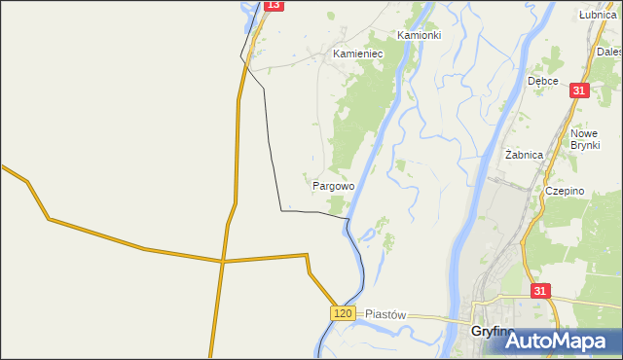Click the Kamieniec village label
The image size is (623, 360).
[358, 54]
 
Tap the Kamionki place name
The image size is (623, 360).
[420, 35]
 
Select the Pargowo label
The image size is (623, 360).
[333, 184]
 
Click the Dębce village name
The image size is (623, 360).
[542, 81]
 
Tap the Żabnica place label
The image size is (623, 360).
[526, 155]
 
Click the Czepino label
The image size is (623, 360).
[565, 191]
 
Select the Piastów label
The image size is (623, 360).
[385, 315]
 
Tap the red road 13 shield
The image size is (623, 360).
[274, 5]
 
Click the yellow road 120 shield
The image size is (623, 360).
[342, 312]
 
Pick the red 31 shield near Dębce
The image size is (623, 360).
[580, 90]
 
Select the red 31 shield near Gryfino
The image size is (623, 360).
[541, 290]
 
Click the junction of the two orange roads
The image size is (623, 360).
[222, 261]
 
